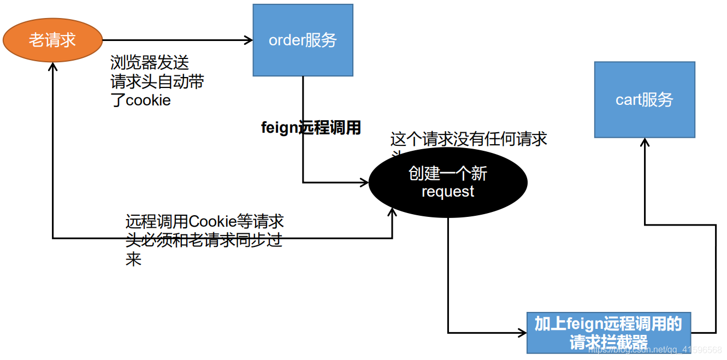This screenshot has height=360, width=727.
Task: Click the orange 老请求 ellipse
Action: (52, 40)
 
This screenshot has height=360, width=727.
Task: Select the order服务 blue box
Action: (303, 40)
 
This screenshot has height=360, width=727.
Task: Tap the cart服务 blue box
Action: (645, 99)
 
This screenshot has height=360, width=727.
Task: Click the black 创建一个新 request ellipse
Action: (448, 182)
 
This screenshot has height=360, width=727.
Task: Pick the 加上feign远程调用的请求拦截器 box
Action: (608, 333)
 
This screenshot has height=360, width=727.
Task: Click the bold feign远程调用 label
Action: (311, 128)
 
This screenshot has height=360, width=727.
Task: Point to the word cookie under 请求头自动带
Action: (149, 101)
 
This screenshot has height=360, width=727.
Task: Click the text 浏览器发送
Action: (150, 63)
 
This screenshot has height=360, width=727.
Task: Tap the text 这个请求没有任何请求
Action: (469, 139)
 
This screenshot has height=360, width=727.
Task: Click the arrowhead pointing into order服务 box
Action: (249, 40)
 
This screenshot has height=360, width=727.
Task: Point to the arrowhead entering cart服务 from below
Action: (645, 142)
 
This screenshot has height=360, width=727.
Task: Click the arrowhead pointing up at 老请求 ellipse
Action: (52, 67)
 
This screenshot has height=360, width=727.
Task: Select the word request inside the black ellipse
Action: (448, 192)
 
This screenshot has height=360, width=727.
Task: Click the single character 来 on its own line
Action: (133, 259)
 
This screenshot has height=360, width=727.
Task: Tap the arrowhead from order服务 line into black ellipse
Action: (365, 182)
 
